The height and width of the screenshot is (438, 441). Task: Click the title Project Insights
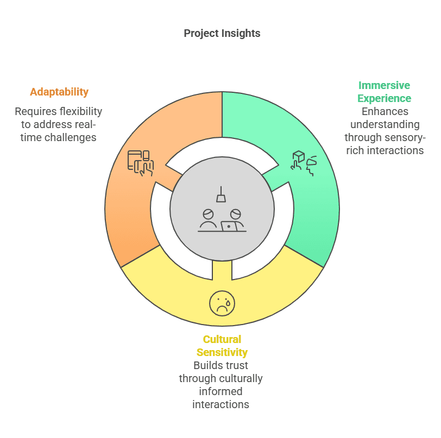pyautogui.click(x=222, y=33)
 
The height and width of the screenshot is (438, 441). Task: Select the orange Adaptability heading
pyautogui.click(x=59, y=92)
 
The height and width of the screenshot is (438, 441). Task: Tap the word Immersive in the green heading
pyautogui.click(x=384, y=85)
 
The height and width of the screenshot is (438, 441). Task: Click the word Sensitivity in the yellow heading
pyautogui.click(x=222, y=352)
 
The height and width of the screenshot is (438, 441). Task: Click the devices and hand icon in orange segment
pyautogui.click(x=141, y=163)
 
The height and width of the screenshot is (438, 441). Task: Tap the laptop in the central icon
pyautogui.click(x=229, y=226)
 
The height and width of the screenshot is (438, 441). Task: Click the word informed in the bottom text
pyautogui.click(x=221, y=391)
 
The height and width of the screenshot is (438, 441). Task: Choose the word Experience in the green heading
pyautogui.click(x=384, y=98)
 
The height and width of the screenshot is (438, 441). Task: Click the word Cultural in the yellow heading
pyautogui.click(x=222, y=339)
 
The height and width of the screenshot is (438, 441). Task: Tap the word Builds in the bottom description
pyautogui.click(x=207, y=365)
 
